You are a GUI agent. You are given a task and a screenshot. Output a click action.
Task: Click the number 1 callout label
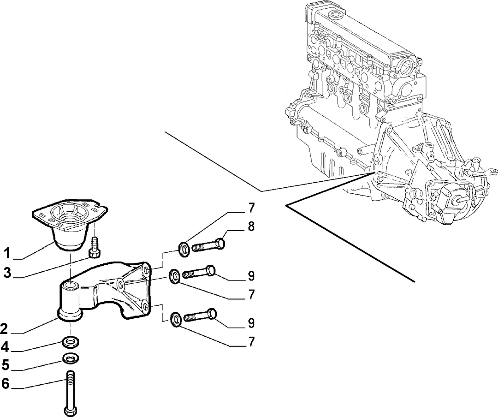click(7, 254)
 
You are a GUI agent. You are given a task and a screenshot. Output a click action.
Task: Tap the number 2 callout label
click(4, 328)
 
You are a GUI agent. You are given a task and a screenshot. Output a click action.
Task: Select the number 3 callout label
click(8, 273)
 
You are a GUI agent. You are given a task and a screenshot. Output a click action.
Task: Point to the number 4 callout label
click(5, 347)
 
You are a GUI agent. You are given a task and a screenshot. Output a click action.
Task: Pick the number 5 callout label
click(5, 365)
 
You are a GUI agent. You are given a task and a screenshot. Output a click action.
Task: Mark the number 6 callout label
click(5, 384)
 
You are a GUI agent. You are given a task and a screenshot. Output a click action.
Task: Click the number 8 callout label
click(251, 227)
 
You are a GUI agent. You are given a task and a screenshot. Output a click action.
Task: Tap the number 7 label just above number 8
click(251, 208)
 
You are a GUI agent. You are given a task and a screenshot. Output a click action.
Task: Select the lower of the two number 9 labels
click(251, 323)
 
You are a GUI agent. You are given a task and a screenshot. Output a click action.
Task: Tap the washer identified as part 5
click(71, 358)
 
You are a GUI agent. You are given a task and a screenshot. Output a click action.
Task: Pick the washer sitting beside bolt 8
click(184, 249)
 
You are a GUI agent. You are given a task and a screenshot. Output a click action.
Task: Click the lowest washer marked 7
click(176, 319)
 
